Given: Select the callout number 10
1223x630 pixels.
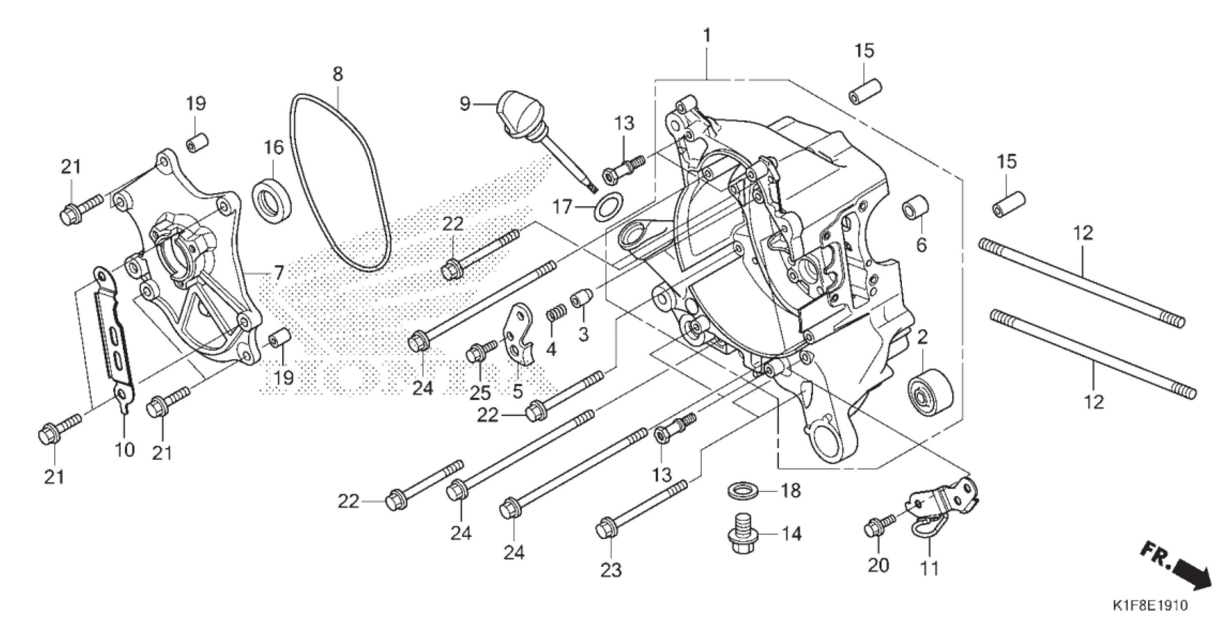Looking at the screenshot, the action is point(124,449).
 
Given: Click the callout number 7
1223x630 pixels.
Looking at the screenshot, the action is point(278,274).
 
